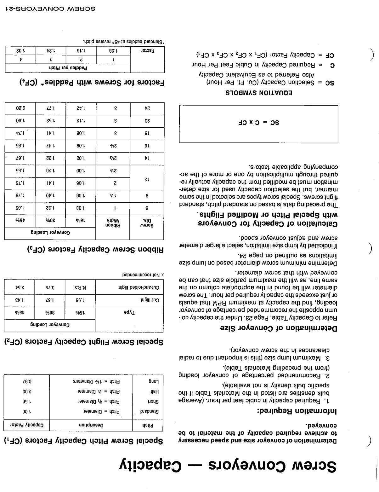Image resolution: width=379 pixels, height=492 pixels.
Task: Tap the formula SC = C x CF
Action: point(258,123)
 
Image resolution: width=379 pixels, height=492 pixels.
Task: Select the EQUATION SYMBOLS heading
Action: point(258,93)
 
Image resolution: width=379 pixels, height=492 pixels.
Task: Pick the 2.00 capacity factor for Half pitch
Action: point(27,391)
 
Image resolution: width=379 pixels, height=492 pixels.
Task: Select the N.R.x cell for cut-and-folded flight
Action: point(80,287)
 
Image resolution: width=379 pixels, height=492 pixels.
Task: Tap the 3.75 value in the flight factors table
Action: point(50,287)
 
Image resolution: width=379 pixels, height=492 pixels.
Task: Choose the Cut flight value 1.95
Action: point(80,300)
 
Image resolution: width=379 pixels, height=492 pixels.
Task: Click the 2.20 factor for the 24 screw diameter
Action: point(20,108)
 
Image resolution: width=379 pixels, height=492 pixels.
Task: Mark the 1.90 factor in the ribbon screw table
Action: point(20,120)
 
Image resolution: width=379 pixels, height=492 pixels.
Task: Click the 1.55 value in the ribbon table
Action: point(20,171)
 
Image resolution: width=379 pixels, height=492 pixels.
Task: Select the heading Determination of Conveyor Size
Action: point(278,328)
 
